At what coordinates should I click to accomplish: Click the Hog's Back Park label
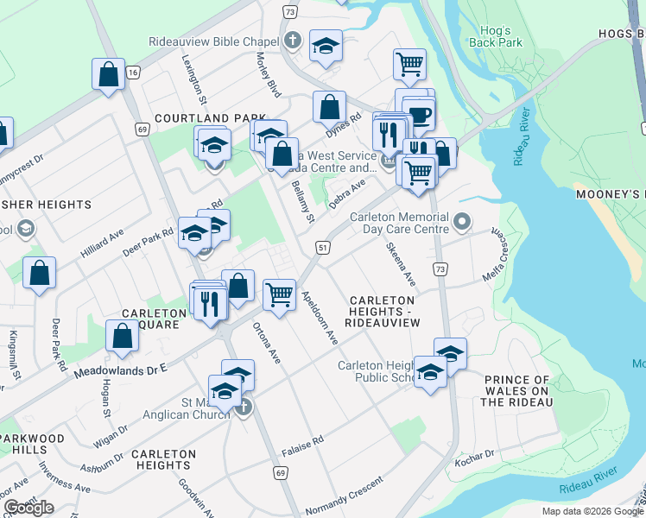[x=497, y=35]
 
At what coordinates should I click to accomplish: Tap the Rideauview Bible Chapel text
[x=212, y=41]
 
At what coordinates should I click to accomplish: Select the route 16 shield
[x=132, y=73]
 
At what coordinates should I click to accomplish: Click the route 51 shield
[x=323, y=248]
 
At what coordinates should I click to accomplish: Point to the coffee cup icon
[x=420, y=115]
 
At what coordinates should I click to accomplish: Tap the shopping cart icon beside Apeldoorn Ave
[x=279, y=294]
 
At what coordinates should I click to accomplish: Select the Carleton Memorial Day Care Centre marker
[x=462, y=223]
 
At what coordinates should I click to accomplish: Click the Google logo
[x=28, y=507]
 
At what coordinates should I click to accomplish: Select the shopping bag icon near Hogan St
[x=123, y=335]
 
